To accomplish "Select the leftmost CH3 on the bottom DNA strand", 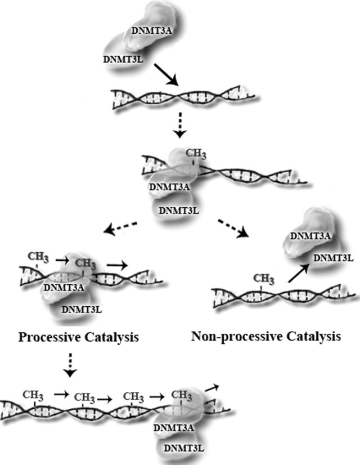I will (32, 395).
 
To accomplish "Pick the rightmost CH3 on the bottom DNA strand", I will (182, 395).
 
